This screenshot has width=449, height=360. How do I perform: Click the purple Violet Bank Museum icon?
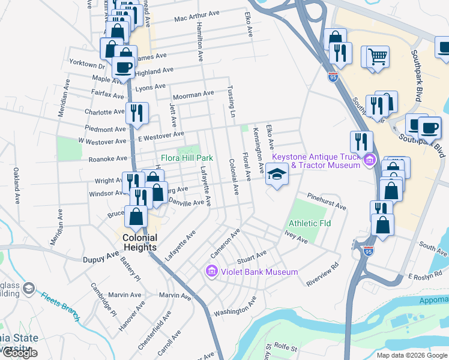tap(211, 272)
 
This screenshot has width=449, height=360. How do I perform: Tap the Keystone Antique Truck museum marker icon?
tap(369, 160)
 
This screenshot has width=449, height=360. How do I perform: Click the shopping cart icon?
tap(378, 57)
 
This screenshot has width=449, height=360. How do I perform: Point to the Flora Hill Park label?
tap(187, 158)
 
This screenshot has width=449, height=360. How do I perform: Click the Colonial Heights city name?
tap(139, 242)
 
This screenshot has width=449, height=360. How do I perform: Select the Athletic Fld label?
tap(310, 223)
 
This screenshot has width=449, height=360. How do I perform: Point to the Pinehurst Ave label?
tap(327, 202)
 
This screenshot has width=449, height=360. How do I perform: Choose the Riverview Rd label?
tap(323, 273)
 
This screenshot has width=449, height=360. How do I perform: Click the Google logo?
tap(19, 353)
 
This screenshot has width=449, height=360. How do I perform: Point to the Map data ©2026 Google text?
tap(412, 355)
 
